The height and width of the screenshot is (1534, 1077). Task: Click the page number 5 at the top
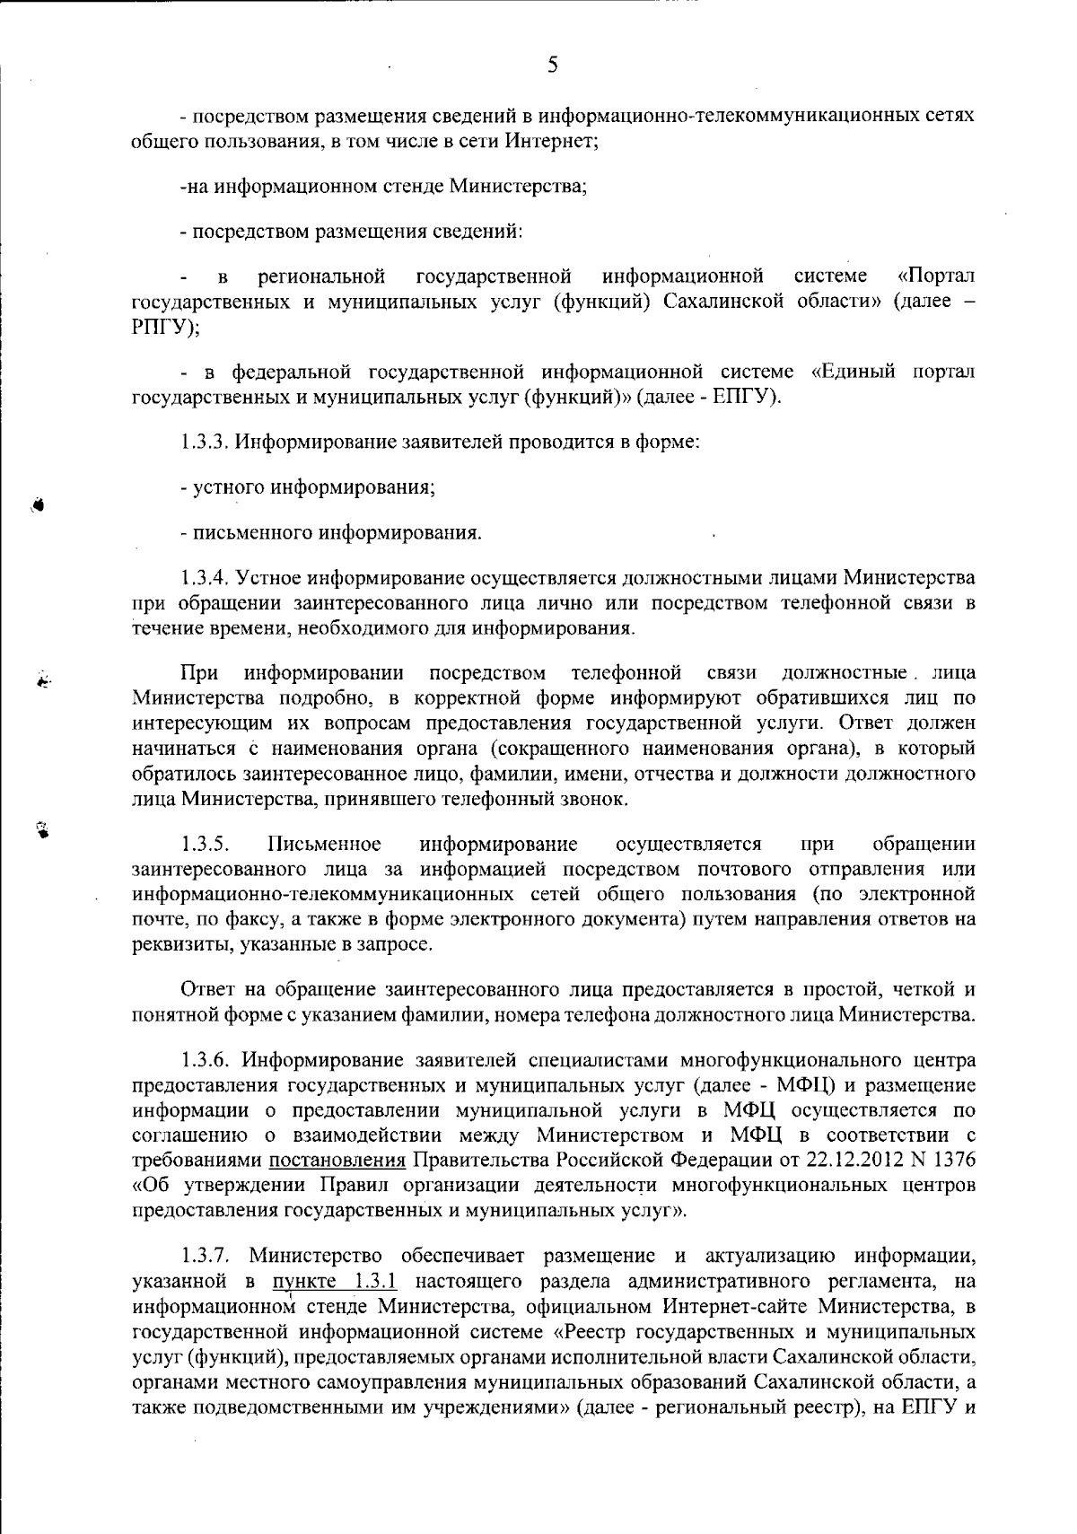pyautogui.click(x=552, y=64)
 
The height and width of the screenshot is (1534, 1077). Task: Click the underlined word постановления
pyautogui.click(x=337, y=1160)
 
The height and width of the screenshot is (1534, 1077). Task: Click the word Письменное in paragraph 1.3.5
pyautogui.click(x=324, y=844)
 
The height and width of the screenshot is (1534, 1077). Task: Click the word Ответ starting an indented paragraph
pyautogui.click(x=206, y=990)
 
